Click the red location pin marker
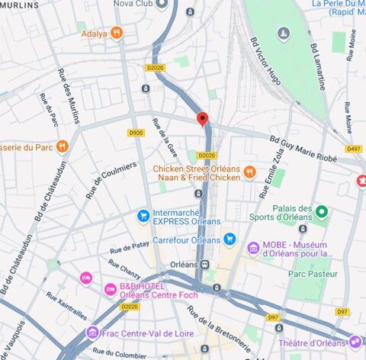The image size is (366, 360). click(x=202, y=119)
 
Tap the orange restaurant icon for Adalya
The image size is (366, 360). click(x=116, y=33)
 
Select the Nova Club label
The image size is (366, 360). click(x=134, y=4)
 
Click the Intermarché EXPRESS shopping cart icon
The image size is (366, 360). click(x=143, y=216)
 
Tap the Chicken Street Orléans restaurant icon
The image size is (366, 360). click(x=249, y=173)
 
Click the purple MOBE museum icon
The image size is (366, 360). click(x=253, y=247)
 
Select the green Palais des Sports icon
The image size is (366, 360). click(x=322, y=211)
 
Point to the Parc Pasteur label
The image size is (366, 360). click(x=313, y=273)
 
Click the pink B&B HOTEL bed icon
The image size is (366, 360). click(x=86, y=277)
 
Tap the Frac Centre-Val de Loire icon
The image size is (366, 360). click(x=93, y=332)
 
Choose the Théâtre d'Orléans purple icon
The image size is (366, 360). click(x=355, y=341)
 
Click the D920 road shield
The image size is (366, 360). click(x=136, y=133)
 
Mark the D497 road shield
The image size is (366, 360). click(x=353, y=149)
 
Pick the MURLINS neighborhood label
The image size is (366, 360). click(x=19, y=5)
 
